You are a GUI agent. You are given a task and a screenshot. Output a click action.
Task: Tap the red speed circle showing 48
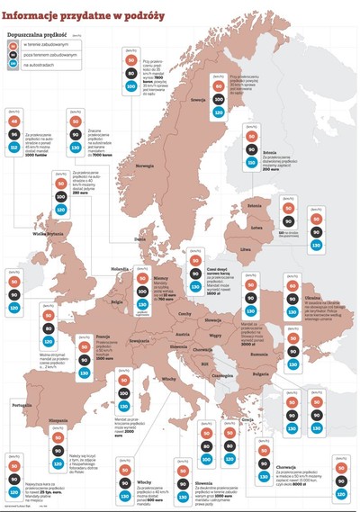click(x=13, y=121)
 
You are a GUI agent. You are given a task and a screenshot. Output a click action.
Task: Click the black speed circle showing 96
click(x=13, y=134)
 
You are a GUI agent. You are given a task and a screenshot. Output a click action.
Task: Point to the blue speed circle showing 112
click(x=13, y=148)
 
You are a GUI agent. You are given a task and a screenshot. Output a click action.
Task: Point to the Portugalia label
click(x=23, y=406)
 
